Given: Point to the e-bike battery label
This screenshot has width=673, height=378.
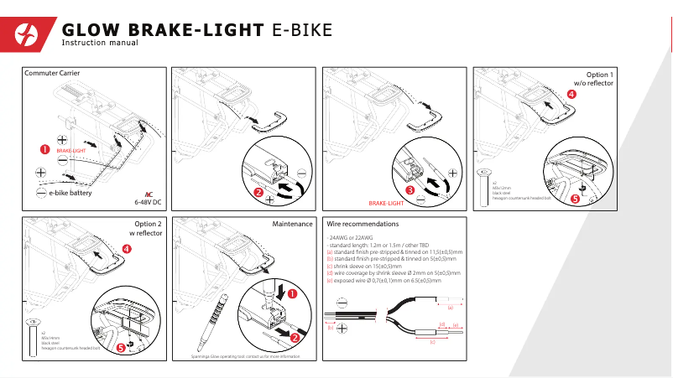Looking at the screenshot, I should [70, 193].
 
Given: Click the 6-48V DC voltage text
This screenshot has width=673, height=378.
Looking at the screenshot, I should [148, 202].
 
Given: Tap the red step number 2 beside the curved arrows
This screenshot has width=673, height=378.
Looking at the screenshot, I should [258, 193].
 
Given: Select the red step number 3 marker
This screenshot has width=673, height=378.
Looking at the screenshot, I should [410, 190].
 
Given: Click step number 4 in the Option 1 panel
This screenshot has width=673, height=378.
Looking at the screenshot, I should [572, 95].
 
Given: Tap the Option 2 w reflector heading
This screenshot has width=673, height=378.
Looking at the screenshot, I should [148, 229].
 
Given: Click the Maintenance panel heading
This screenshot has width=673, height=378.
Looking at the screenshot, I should [292, 224].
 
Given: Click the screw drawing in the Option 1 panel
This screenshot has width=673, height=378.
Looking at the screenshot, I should [484, 185].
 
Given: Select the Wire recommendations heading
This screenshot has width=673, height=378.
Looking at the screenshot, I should [363, 224].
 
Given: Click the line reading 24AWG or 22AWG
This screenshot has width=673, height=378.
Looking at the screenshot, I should [352, 238].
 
